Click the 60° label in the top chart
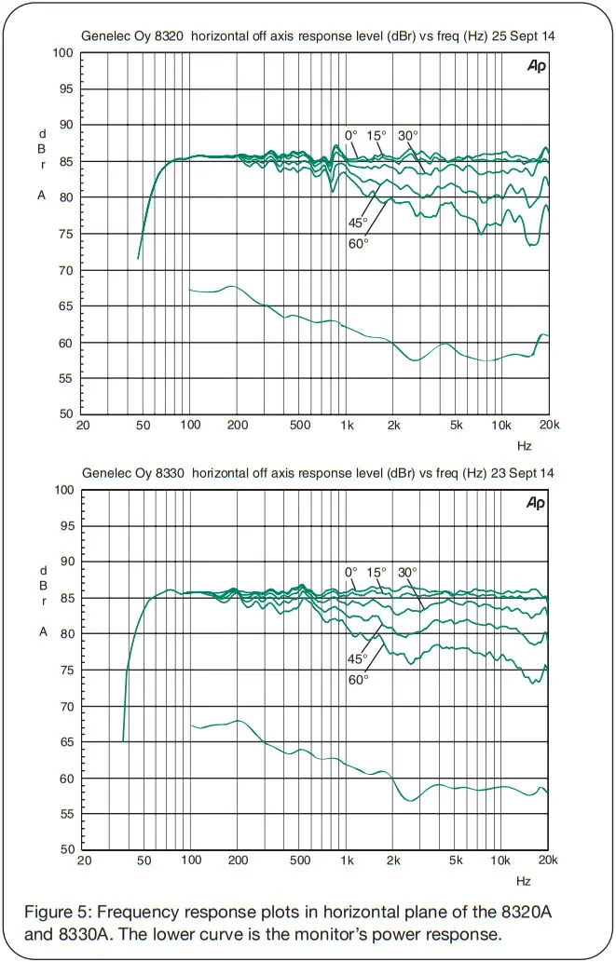[359, 242]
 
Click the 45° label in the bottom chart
[359, 658]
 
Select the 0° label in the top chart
[351, 136]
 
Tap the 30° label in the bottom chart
[407, 572]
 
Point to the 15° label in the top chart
[376, 136]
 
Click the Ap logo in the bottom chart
[536, 503]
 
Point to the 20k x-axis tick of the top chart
[548, 426]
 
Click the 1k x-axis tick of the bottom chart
[347, 862]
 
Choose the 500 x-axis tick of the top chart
[299, 426]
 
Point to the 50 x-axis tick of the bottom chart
[144, 862]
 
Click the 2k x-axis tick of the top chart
[394, 426]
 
